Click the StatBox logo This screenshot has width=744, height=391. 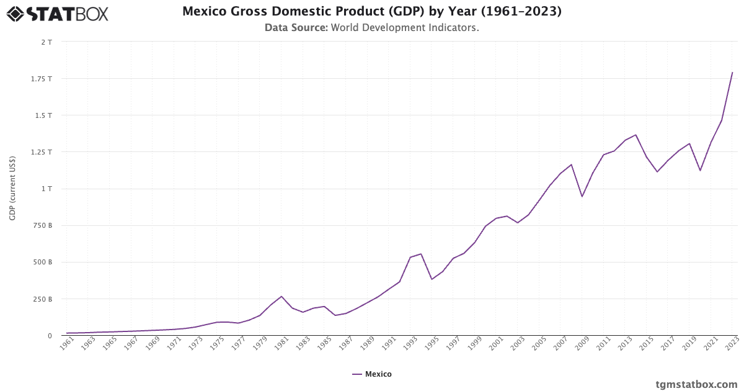coord(58,13)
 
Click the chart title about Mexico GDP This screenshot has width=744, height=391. coord(371,11)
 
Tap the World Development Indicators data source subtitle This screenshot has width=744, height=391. coord(371,27)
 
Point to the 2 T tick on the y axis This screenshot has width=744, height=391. coord(46,42)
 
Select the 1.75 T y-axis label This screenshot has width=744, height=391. coord(42,79)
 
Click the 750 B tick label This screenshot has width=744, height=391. coord(42,225)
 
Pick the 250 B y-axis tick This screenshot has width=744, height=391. coord(42,299)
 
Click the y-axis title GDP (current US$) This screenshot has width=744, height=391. coord(12,189)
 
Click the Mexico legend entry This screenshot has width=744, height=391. coord(372,374)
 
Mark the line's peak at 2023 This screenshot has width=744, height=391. coord(732,73)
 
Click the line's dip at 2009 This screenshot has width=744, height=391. coord(582,196)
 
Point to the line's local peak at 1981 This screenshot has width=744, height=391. coord(281,296)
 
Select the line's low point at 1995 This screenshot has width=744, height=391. coord(432,279)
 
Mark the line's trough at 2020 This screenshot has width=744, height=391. coord(700,171)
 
